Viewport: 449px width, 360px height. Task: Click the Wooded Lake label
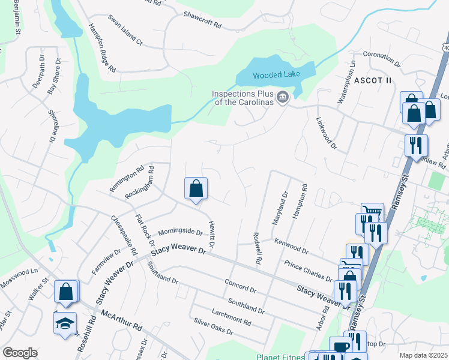(x=276, y=75)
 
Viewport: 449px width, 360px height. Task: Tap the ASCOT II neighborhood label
(x=372, y=80)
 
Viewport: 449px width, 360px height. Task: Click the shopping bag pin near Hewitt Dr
(x=196, y=189)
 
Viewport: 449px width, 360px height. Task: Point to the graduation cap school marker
(x=65, y=324)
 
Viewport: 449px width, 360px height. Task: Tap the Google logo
(x=20, y=353)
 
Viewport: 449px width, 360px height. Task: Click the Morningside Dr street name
(x=180, y=232)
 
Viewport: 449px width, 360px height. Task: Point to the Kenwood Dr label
(x=291, y=245)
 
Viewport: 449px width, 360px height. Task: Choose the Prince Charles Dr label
(x=309, y=271)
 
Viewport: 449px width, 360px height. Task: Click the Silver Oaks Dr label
(x=213, y=326)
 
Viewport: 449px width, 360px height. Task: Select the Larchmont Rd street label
(x=231, y=316)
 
